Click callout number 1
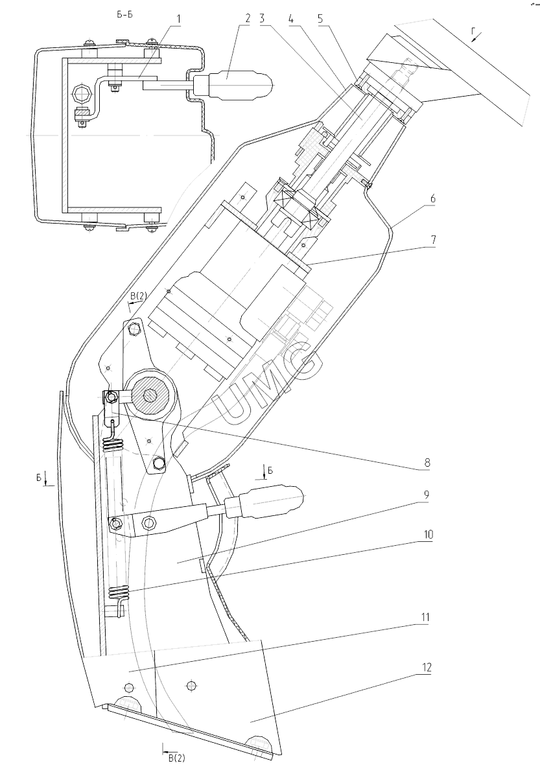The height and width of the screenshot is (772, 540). point(179,19)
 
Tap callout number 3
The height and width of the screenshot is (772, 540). point(262,19)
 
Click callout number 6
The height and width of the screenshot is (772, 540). point(432,199)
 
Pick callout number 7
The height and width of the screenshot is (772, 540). point(432,240)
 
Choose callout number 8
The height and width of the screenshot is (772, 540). point(427,463)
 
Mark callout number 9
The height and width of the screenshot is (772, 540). point(427,495)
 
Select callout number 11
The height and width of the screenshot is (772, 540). point(425,618)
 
